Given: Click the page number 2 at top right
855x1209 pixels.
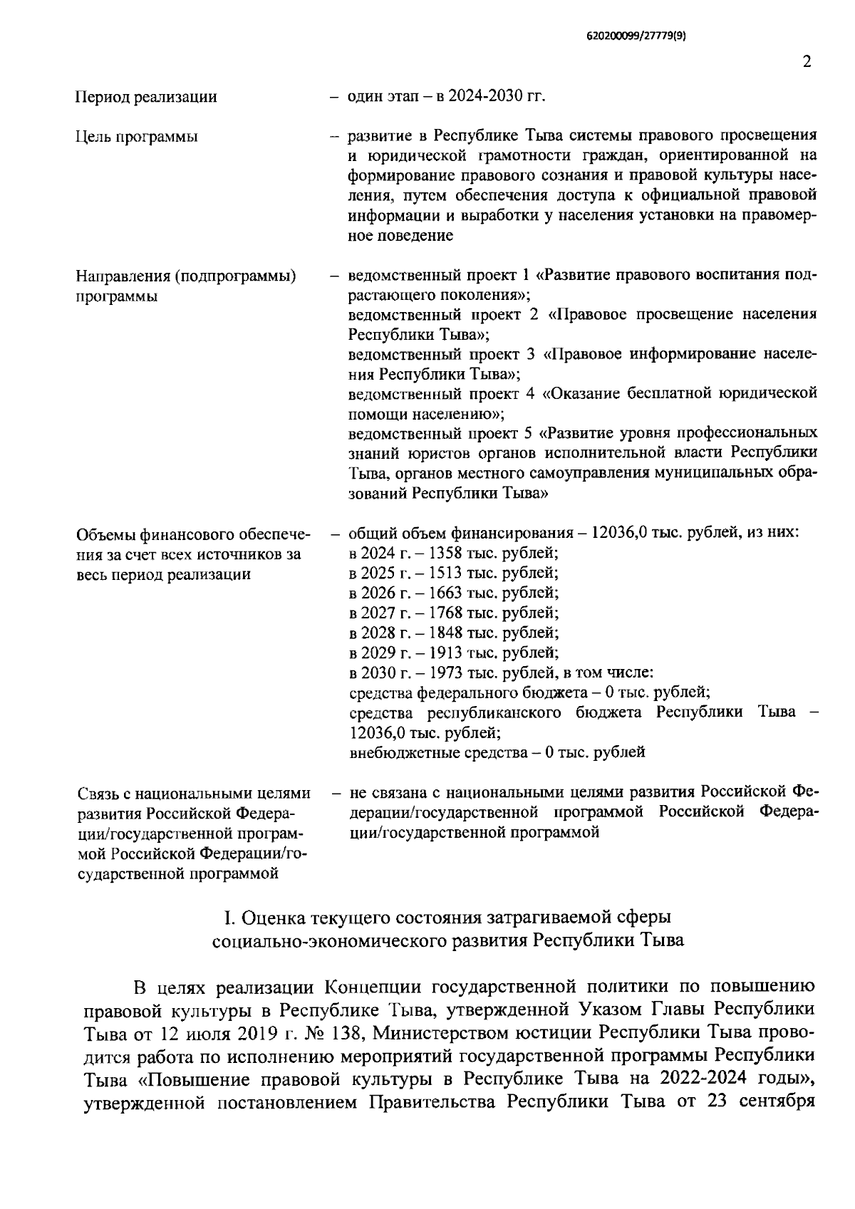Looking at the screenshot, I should pyautogui.click(x=807, y=62).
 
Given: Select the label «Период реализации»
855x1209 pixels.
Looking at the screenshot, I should pyautogui.click(x=146, y=97).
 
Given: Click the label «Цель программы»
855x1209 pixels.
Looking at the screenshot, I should pyautogui.click(x=137, y=136).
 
